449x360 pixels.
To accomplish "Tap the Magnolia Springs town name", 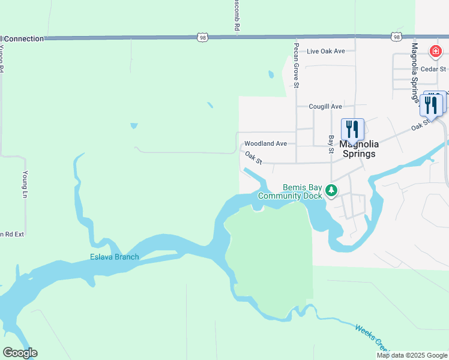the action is (x=358, y=149).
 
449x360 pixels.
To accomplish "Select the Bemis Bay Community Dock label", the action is (x=291, y=191).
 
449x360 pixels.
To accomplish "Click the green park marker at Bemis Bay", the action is (x=331, y=191).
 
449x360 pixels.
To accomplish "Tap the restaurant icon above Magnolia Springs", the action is (x=353, y=129).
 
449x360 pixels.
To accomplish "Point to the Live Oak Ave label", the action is (x=325, y=51).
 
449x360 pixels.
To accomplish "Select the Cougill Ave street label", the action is (x=325, y=106).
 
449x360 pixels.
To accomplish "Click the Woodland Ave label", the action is (x=265, y=143).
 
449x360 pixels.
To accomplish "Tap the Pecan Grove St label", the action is (x=297, y=65).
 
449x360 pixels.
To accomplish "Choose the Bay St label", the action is (x=331, y=144).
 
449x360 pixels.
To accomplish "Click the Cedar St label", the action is (x=431, y=69).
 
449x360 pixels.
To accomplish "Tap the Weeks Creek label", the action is (x=372, y=337).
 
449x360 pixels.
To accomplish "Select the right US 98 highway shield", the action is (x=397, y=37).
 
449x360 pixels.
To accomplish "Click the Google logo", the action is (x=20, y=353).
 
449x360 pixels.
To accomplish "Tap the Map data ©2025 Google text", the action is (x=411, y=355).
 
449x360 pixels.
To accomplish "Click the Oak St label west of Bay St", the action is (x=253, y=158).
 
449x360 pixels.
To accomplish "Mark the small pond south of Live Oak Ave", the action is (x=271, y=75).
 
